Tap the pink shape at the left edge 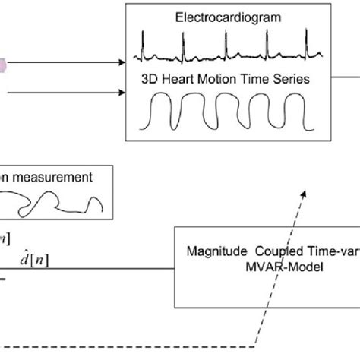pos(2,67)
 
